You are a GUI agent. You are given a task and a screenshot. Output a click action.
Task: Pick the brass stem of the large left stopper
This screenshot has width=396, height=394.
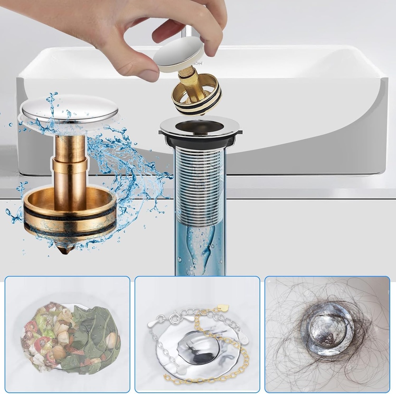click(x=70, y=166)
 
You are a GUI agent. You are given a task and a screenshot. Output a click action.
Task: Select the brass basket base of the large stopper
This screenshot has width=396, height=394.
click(x=70, y=215)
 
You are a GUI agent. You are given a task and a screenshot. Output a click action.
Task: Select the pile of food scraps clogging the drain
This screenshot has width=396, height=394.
click(x=70, y=336)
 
